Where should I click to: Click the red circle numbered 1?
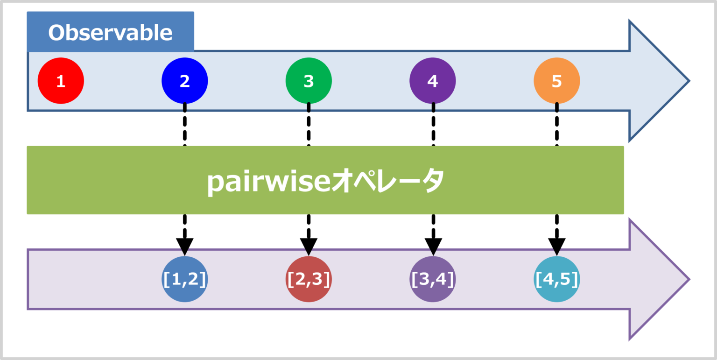[61, 81]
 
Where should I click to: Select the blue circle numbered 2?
[185, 81]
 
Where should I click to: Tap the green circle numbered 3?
[309, 81]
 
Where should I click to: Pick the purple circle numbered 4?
[433, 81]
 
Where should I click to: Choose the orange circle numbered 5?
[556, 81]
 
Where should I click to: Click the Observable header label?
[110, 33]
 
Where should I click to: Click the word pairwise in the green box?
[268, 181]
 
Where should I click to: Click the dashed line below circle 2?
[185, 124]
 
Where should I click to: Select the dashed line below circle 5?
[556, 124]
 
